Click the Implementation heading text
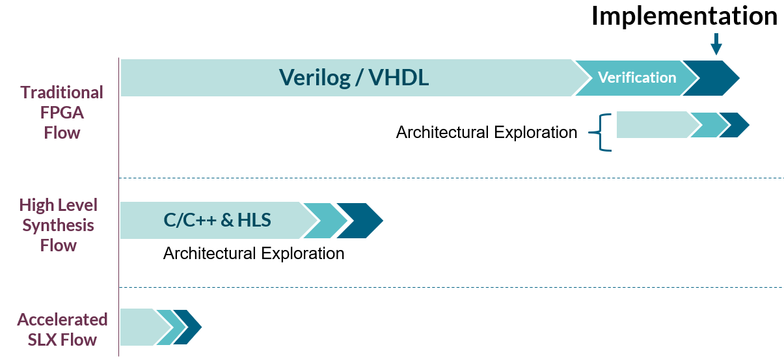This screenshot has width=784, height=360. pyautogui.click(x=684, y=16)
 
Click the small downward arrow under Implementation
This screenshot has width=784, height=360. pyautogui.click(x=716, y=44)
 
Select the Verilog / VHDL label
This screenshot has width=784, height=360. pyautogui.click(x=353, y=77)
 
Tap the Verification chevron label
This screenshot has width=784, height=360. pyautogui.click(x=637, y=77)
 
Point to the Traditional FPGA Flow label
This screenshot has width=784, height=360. pyautogui.click(x=62, y=113)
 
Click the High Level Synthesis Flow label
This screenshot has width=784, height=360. pyautogui.click(x=58, y=225)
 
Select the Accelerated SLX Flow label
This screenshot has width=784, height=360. pyautogui.click(x=62, y=329)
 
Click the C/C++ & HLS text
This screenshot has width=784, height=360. pyautogui.click(x=217, y=220)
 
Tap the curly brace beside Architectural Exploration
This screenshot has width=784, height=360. pyautogui.click(x=601, y=132)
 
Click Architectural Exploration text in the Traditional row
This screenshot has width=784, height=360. pyautogui.click(x=487, y=132)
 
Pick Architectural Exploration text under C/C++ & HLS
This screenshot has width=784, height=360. pyautogui.click(x=254, y=253)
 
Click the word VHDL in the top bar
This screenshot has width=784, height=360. pyautogui.click(x=399, y=77)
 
